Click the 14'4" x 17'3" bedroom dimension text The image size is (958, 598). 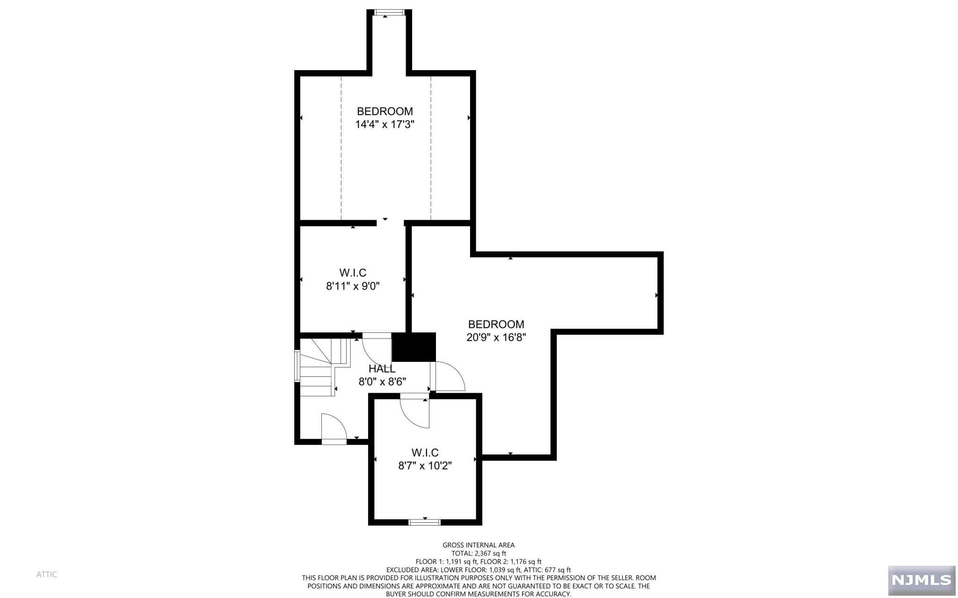pyautogui.click(x=385, y=124)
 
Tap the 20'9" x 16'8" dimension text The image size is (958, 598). pyautogui.click(x=496, y=337)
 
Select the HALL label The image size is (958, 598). pyautogui.click(x=382, y=369)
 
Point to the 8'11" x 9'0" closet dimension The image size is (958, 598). pyautogui.click(x=352, y=286)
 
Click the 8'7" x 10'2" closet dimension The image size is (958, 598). pyautogui.click(x=425, y=466)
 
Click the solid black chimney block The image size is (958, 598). pyautogui.click(x=414, y=347)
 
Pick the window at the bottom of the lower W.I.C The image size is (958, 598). pyautogui.click(x=424, y=522)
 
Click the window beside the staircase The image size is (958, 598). pyautogui.click(x=297, y=366)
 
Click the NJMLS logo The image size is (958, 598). pyautogui.click(x=921, y=580)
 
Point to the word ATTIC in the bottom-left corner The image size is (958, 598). pyautogui.click(x=47, y=574)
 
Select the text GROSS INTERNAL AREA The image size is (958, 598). pyautogui.click(x=479, y=545)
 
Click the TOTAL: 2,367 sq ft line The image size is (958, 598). pyautogui.click(x=479, y=553)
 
